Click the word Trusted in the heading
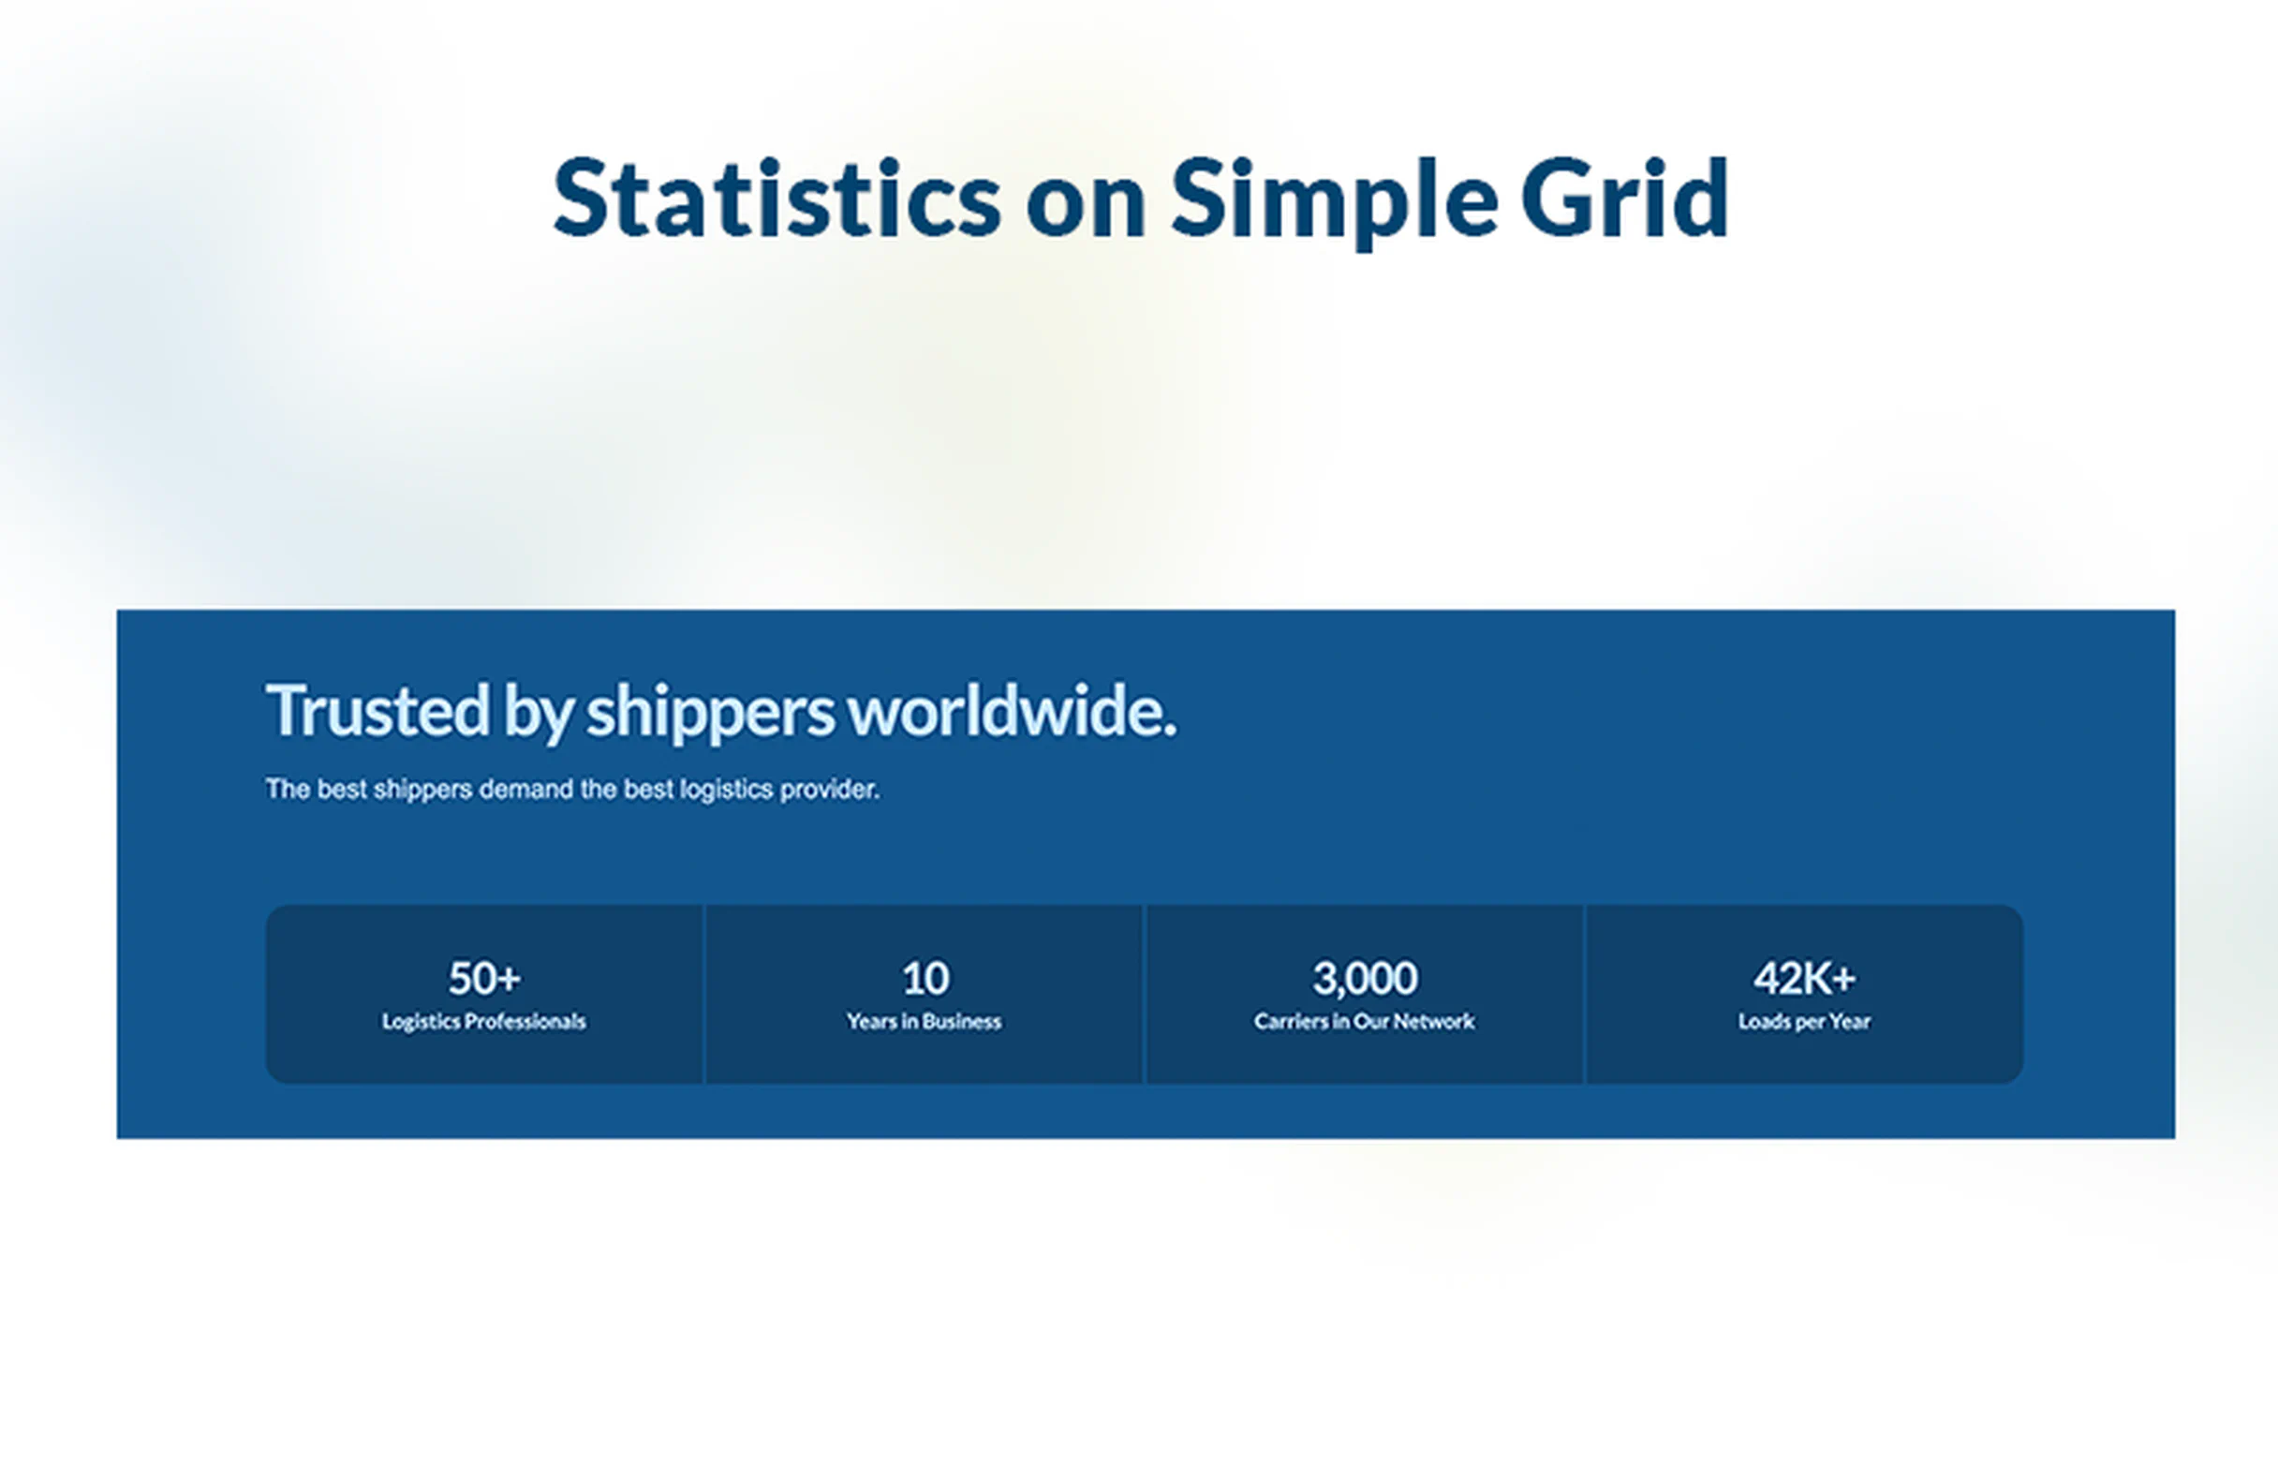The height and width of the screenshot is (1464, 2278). (x=377, y=710)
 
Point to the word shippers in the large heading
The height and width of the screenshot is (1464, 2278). (x=709, y=712)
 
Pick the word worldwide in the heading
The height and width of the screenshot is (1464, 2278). (x=1006, y=710)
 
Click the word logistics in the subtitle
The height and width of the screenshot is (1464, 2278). (x=726, y=789)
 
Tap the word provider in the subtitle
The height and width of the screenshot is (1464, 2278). (x=829, y=789)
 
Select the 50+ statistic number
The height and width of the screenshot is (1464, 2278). (x=484, y=978)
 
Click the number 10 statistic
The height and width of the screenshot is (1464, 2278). (x=925, y=978)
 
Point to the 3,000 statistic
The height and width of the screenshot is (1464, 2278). (x=1365, y=978)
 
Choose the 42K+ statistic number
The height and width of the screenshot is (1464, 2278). (x=1804, y=978)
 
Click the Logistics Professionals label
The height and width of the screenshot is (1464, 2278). (x=484, y=1022)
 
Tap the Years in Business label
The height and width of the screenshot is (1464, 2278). (x=925, y=1022)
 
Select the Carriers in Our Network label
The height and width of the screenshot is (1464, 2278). (x=1365, y=1022)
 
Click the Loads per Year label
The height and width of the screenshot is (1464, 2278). (x=1804, y=1022)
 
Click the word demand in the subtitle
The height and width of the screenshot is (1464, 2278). (x=525, y=789)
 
